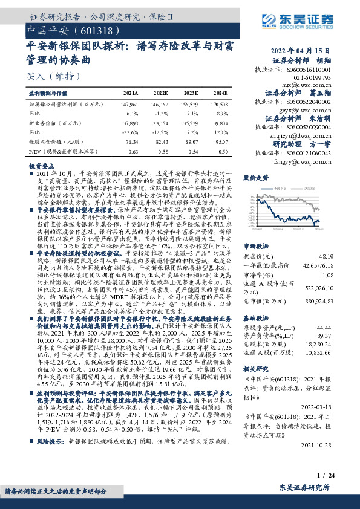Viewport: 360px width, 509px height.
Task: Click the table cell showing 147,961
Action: coord(130,104)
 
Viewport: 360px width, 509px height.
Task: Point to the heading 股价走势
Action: coord(255,178)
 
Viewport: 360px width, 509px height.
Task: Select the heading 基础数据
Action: coord(255,317)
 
